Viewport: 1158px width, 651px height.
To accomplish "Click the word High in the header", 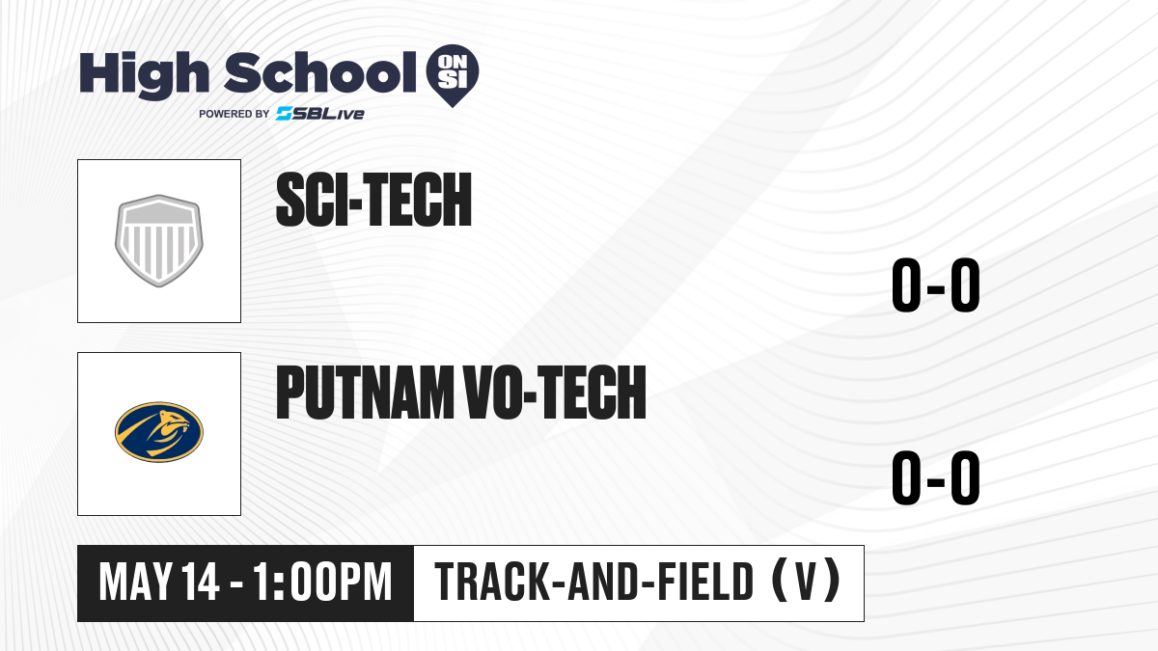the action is [144, 75].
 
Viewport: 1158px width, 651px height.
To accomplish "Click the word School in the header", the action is [320, 72].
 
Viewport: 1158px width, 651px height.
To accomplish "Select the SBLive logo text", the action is [320, 114].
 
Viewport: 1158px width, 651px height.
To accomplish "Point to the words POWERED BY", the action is [234, 114].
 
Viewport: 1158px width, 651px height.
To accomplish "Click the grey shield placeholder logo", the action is [159, 241].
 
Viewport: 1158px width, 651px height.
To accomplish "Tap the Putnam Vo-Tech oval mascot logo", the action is [159, 432].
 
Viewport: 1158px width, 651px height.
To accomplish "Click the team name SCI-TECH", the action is [373, 200].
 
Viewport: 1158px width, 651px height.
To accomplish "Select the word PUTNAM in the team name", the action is [365, 393].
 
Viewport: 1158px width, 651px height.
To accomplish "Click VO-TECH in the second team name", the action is [555, 393].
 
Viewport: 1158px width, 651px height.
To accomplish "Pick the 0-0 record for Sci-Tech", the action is [936, 285].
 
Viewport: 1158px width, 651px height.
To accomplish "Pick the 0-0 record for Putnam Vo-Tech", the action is [936, 478].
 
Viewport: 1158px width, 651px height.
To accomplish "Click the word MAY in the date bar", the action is [136, 583].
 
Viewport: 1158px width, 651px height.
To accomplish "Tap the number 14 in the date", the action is [201, 583].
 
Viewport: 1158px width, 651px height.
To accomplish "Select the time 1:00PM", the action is [322, 583].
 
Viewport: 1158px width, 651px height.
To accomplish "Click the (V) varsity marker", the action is [806, 582].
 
